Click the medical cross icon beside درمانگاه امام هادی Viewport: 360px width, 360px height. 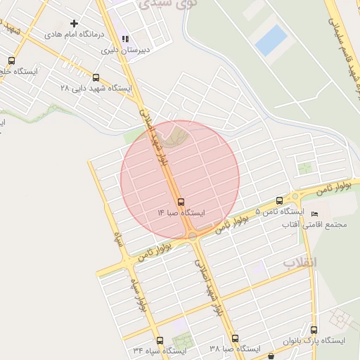point(74,23)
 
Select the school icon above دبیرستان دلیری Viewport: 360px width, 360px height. point(125,39)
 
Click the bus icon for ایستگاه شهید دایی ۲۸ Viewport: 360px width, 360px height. point(96,78)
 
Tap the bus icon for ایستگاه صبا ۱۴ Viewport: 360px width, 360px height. point(181,202)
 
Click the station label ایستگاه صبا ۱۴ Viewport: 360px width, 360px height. point(181,212)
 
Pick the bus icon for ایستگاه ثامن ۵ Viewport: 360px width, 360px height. point(280,200)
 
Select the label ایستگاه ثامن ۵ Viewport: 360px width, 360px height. point(280,211)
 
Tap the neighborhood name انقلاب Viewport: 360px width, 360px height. point(300,262)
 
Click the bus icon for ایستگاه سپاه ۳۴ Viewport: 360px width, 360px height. point(160,340)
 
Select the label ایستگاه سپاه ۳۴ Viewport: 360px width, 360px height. point(160,350)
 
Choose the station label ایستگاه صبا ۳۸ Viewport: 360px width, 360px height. point(235,349)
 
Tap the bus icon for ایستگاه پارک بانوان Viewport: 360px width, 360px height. point(314,330)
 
